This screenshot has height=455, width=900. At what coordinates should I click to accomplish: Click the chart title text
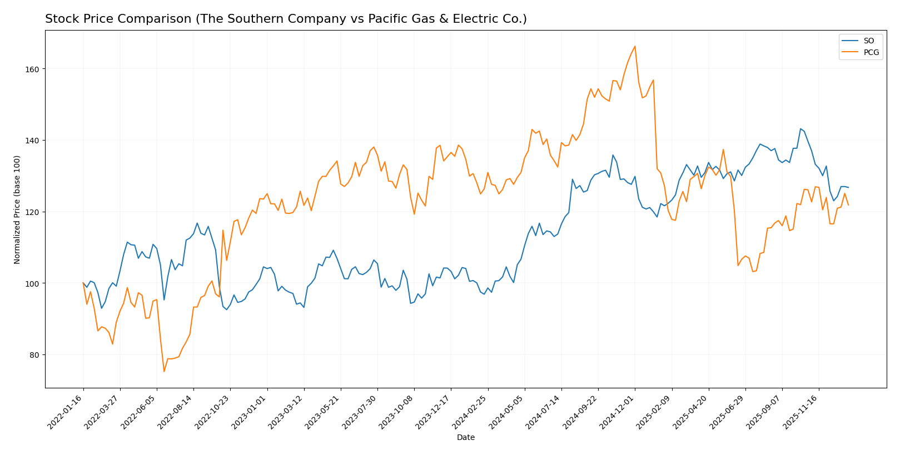286,19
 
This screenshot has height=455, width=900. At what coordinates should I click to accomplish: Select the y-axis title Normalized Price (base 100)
17,209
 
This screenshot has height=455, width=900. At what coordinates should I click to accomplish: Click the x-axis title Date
465,438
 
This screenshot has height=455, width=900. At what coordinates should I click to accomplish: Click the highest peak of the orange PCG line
635,46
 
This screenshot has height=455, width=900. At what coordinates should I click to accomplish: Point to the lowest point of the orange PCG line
164,371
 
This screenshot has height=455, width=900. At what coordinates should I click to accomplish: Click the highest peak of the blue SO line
800,129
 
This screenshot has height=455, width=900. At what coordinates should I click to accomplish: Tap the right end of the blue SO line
848,187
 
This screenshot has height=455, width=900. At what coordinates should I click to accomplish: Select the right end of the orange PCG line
848,205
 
